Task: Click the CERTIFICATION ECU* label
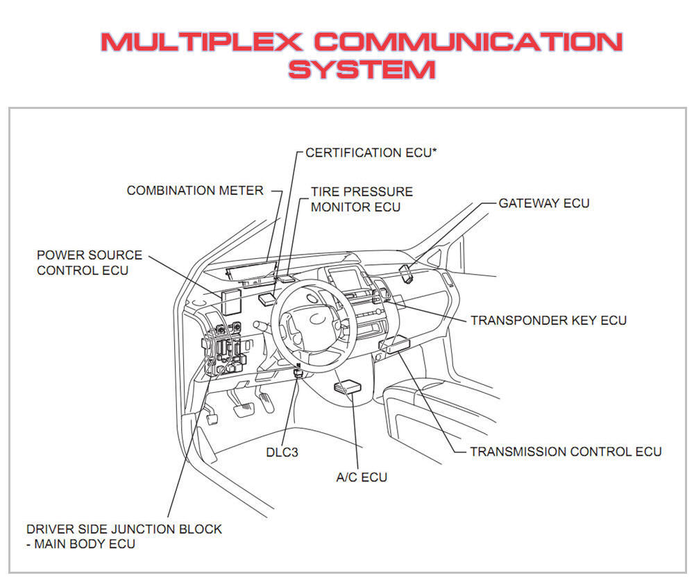371,153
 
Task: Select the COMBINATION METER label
195,191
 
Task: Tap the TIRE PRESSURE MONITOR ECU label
362,199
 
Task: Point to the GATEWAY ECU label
544,203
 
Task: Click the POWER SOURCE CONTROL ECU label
90,262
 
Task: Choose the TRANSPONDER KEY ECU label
548,321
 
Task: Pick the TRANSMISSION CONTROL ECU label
566,452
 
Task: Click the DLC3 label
282,452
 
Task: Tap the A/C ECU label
362,477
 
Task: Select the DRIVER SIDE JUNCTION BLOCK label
124,529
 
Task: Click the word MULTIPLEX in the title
201,42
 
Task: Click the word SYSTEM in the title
362,69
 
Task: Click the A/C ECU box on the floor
347,386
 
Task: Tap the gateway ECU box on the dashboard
405,273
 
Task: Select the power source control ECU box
231,302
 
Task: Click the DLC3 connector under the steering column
298,371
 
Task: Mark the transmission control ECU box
398,344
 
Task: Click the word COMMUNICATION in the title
468,42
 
